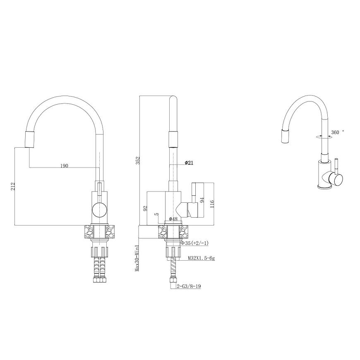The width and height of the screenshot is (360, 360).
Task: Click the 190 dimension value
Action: [x=64, y=166]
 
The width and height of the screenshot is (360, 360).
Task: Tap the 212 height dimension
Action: [x=13, y=186]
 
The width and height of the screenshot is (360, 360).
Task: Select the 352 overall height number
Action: [x=137, y=161]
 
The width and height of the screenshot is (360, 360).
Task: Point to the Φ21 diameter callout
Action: [x=189, y=163]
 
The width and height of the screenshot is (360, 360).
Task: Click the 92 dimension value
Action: [x=145, y=208]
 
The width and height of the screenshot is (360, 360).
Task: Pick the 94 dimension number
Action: [x=202, y=199]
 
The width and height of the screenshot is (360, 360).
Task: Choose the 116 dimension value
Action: [x=212, y=204]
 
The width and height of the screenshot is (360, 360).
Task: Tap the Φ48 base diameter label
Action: [x=173, y=219]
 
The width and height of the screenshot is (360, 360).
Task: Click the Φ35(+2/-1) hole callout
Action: [x=194, y=243]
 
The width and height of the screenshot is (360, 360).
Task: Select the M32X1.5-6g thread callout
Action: [x=202, y=258]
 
